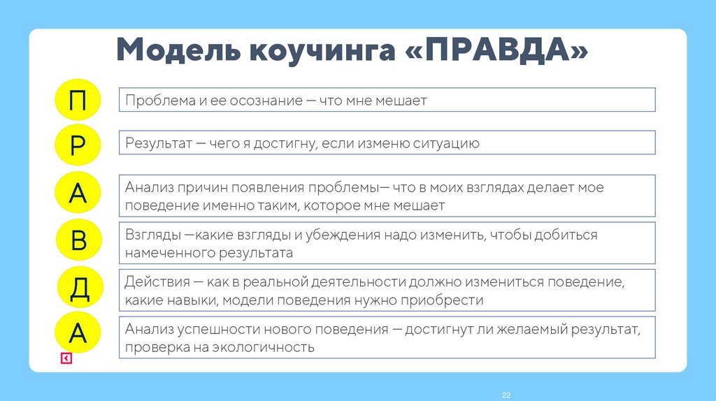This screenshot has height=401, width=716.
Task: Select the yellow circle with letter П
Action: (x=78, y=100)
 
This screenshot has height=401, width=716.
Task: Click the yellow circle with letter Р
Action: (x=78, y=145)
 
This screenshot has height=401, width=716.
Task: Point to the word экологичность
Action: (x=268, y=347)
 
